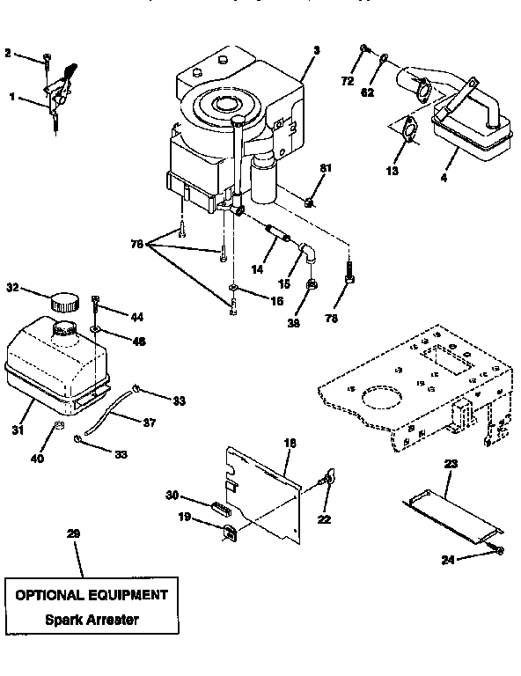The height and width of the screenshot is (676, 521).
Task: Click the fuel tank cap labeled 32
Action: coord(64,302)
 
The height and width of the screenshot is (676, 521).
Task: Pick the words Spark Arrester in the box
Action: coord(92,619)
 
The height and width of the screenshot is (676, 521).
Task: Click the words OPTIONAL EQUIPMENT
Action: coord(92,594)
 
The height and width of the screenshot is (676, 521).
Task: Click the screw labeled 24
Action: coord(499,550)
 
